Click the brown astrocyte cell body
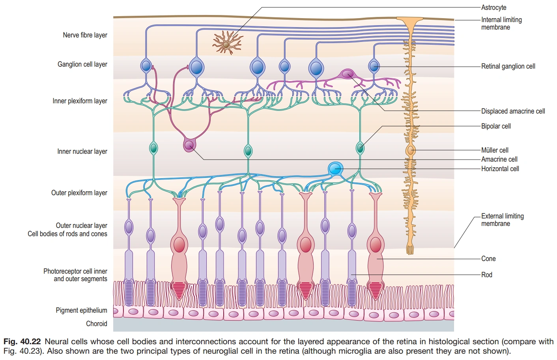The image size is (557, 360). (226, 45)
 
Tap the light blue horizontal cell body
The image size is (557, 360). (335, 169)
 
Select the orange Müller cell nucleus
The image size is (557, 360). (411, 150)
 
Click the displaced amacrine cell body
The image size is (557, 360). (348, 74)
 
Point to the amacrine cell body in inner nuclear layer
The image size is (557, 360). (189, 145)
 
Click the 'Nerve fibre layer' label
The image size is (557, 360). (85, 35)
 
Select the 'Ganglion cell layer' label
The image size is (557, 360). (82, 64)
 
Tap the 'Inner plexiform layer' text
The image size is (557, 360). (80, 101)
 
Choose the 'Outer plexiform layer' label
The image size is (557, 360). (79, 193)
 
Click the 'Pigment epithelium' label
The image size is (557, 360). (81, 310)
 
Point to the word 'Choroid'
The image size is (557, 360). (97, 324)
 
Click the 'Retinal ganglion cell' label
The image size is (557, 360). (508, 66)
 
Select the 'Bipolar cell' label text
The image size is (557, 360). (496, 126)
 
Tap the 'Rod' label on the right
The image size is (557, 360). (487, 275)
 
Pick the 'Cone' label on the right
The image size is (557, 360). (488, 259)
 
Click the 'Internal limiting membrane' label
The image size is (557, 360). (501, 23)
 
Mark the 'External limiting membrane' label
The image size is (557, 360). (502, 220)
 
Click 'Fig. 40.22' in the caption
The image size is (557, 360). (22, 341)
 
